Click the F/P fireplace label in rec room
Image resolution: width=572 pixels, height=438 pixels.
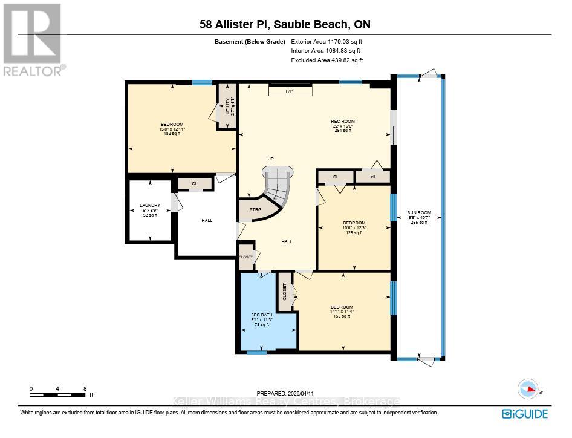[x=290, y=91]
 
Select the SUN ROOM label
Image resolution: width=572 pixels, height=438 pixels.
[x=418, y=213]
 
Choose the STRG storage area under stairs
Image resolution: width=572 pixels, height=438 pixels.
[x=255, y=209]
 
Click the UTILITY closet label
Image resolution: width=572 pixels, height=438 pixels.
[x=228, y=106]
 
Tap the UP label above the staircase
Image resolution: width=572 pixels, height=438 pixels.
[x=271, y=159]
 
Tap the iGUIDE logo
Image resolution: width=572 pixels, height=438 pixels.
[x=525, y=414]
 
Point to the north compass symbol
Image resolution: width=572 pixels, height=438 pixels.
[x=527, y=388]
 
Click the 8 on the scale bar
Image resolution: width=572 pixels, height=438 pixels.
[x=85, y=389]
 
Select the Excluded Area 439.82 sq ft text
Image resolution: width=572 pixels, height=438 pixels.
[x=327, y=60]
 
